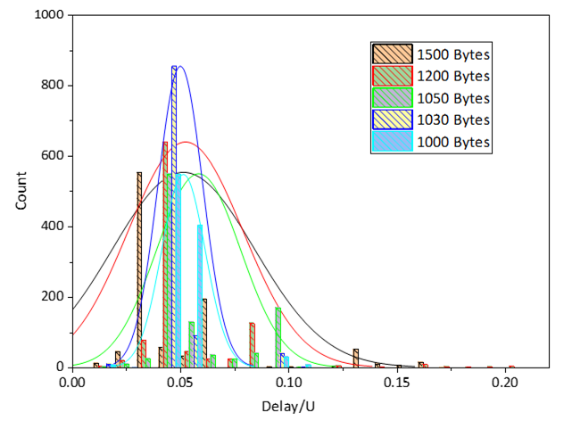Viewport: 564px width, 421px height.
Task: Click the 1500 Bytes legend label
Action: (x=454, y=54)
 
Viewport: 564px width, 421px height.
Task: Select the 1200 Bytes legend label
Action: (x=454, y=76)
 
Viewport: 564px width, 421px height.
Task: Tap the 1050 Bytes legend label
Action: (x=454, y=98)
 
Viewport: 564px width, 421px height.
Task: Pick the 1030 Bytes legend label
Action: (x=454, y=120)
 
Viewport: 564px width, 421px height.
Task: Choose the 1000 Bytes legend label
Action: (x=454, y=141)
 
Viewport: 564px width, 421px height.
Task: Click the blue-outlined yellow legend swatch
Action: (x=393, y=120)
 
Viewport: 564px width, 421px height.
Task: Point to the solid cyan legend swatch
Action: (x=393, y=141)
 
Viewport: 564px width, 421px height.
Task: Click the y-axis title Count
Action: (x=21, y=191)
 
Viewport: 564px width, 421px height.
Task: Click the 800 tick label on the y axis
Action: (x=53, y=86)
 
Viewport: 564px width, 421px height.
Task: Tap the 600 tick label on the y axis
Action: (x=53, y=156)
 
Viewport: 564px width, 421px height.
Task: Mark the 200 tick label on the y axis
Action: (x=53, y=296)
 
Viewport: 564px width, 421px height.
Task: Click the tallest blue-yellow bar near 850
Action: (x=174, y=214)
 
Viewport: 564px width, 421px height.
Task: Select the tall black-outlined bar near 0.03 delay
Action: (x=139, y=268)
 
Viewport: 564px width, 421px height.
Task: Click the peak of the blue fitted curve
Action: (x=180, y=67)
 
